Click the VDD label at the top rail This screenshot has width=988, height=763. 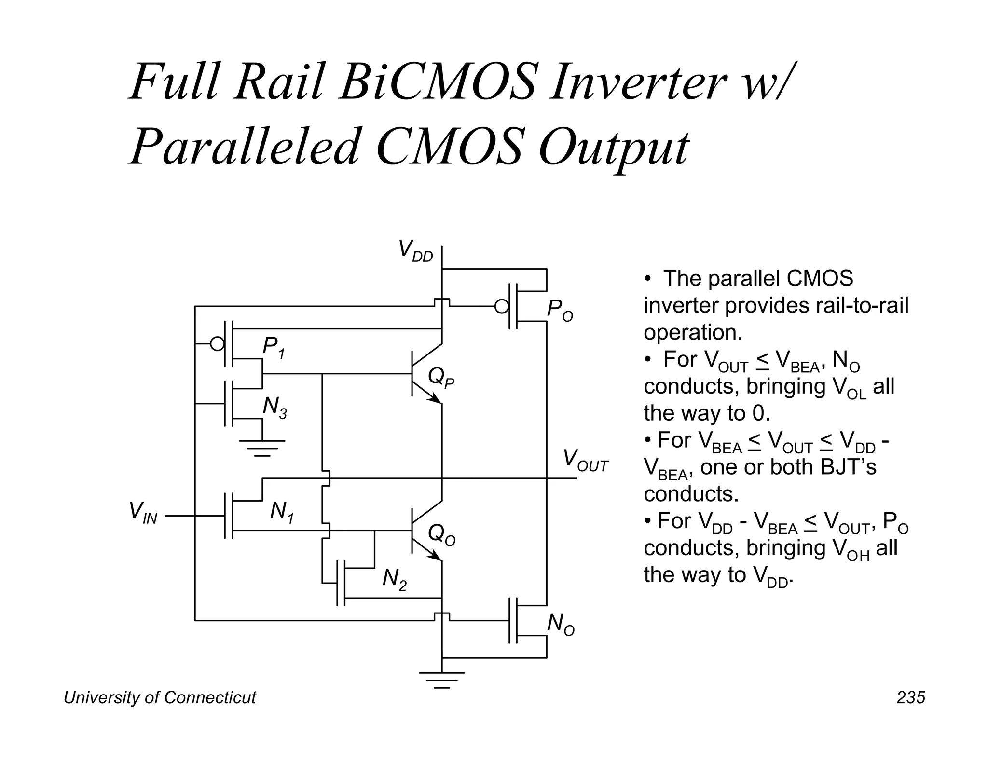[415, 252]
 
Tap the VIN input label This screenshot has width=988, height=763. [143, 513]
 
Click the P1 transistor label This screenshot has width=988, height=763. [273, 348]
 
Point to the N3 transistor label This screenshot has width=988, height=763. [274, 408]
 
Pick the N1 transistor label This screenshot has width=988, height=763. [282, 512]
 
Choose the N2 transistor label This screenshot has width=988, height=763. [394, 579]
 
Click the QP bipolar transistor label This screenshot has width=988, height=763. [440, 378]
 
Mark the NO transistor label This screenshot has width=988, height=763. [560, 625]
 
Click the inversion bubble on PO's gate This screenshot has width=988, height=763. [502, 306]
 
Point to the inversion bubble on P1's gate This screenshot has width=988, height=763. [218, 344]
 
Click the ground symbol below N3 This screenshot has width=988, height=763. [262, 448]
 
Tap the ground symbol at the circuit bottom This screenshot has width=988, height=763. [442, 680]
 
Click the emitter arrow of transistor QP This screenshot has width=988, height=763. [436, 398]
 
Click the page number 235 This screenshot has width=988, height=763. [910, 698]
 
